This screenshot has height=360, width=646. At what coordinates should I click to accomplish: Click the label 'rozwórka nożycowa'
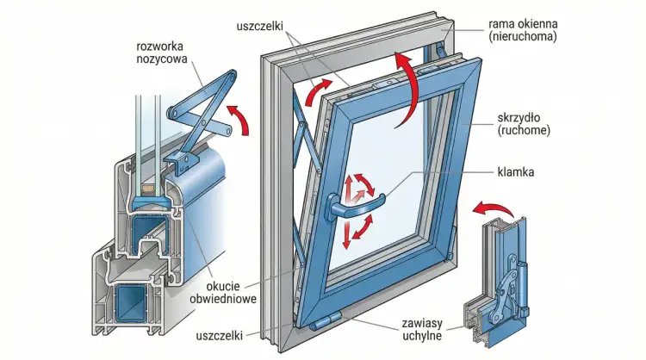pyautogui.click(x=165, y=53)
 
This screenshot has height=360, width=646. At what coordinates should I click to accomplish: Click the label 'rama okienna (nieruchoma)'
pyautogui.click(x=525, y=31)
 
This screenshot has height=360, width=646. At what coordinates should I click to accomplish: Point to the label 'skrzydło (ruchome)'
pyautogui.click(x=525, y=123)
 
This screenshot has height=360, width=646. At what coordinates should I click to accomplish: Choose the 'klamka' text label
pyautogui.click(x=516, y=172)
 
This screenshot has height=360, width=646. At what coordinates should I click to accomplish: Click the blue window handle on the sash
pyautogui.click(x=354, y=204)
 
